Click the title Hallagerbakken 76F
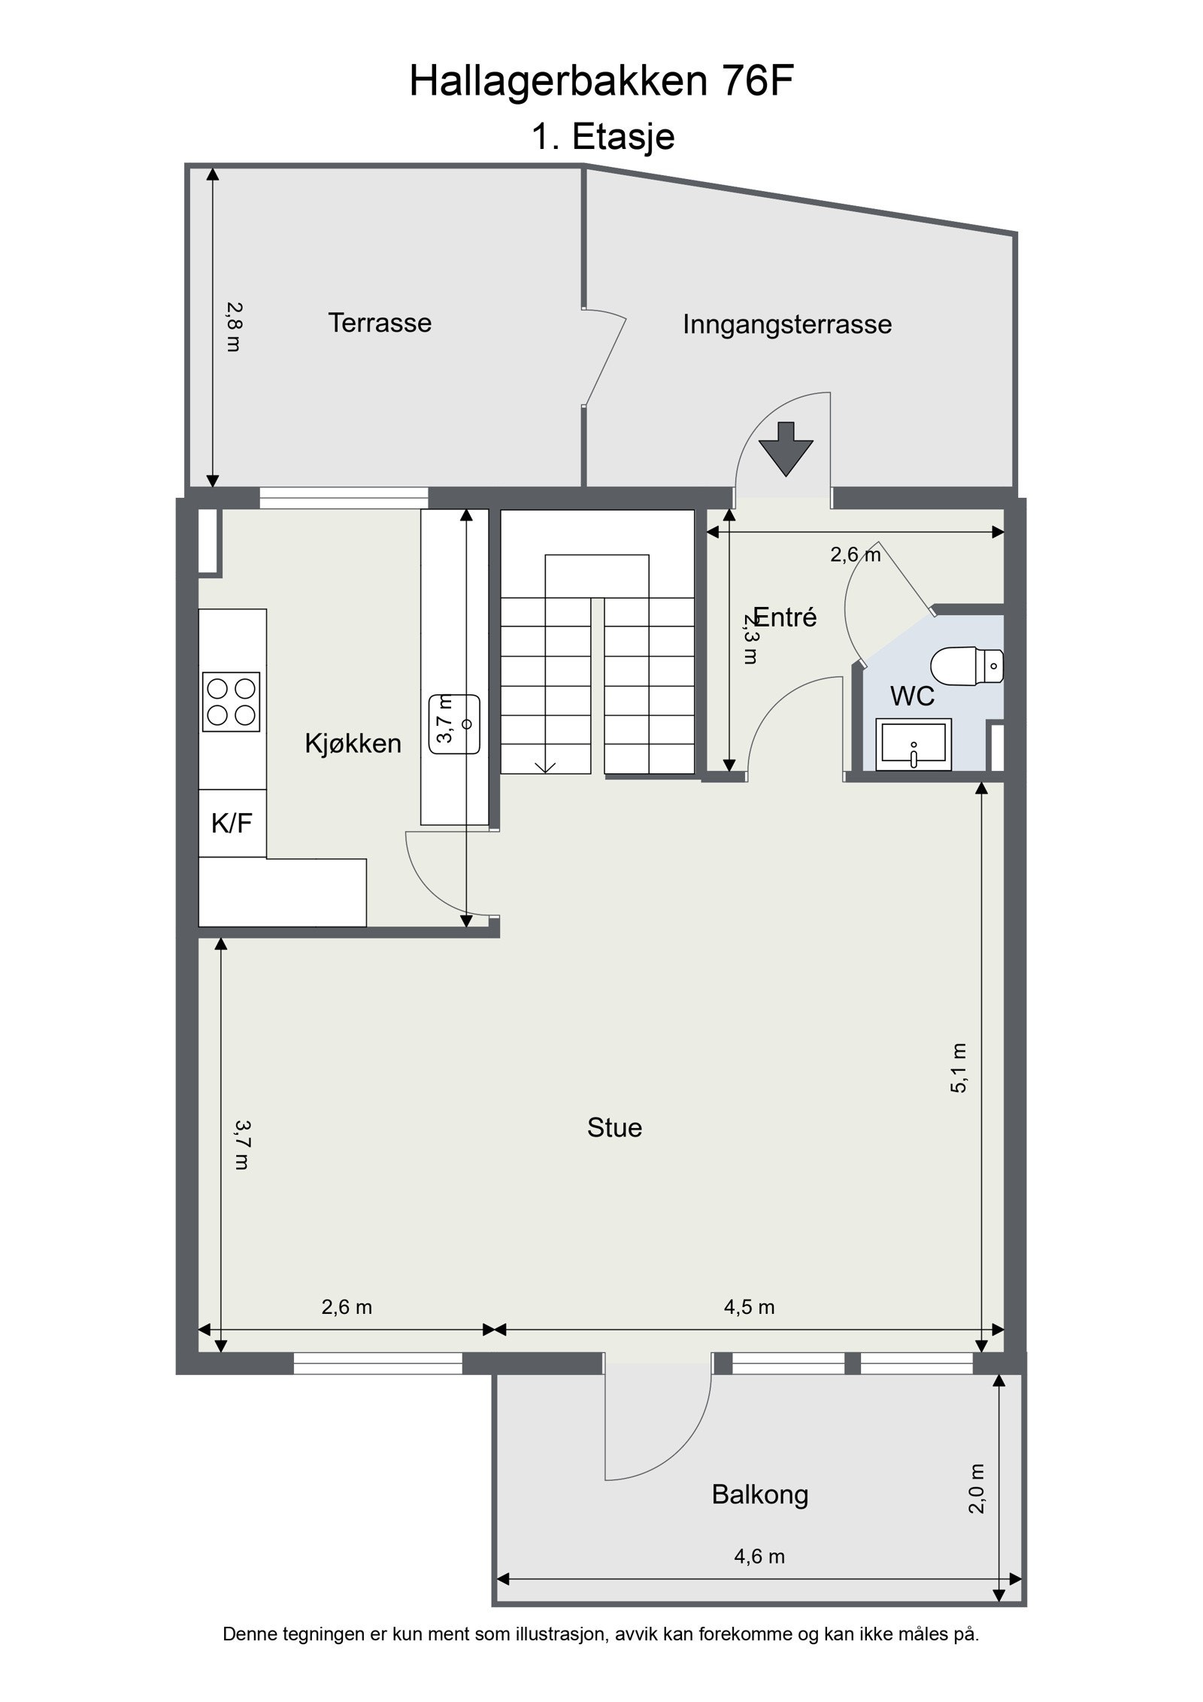tap(601, 82)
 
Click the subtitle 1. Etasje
tap(603, 137)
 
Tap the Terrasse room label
tap(380, 323)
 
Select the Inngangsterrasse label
tap(786, 325)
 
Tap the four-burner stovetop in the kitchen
tap(231, 702)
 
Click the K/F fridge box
tap(232, 824)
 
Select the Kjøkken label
tap(353, 744)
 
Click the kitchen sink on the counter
tap(454, 724)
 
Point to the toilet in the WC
tap(966, 666)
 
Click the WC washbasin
tap(914, 745)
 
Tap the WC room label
tap(912, 696)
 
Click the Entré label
tap(785, 617)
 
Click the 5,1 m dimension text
tap(959, 1068)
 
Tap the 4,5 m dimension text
tap(749, 1307)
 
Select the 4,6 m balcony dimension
tap(759, 1556)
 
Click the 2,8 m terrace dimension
tap(234, 326)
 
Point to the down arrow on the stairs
tap(546, 766)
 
